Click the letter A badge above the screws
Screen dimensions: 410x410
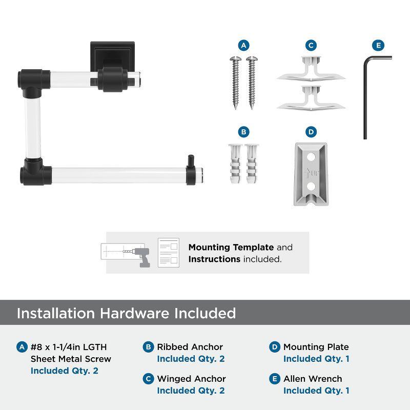click(244, 46)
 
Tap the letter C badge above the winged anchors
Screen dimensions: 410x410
click(311, 46)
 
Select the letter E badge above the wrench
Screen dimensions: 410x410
click(378, 46)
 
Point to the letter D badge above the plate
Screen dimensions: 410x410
click(311, 132)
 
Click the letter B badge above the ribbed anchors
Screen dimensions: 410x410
click(244, 132)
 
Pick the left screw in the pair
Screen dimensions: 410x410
click(235, 83)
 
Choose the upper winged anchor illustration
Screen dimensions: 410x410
click(311, 69)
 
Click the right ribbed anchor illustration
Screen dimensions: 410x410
click(252, 163)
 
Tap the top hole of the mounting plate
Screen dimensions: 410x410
click(311, 157)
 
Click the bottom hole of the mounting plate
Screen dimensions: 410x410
click(311, 187)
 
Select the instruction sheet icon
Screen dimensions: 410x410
click(169, 253)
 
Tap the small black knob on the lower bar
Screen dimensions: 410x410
click(191, 160)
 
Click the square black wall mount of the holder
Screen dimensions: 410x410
click(112, 56)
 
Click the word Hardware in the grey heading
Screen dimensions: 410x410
click(135, 313)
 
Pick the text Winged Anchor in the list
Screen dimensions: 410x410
click(191, 379)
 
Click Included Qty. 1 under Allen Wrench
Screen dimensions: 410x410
click(316, 391)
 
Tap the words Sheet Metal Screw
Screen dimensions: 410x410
click(71, 359)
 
